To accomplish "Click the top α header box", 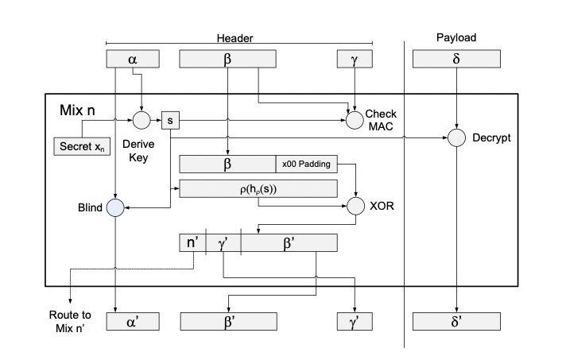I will click(132, 58).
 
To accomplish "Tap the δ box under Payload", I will click(456, 58).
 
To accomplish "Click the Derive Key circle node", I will click(141, 120).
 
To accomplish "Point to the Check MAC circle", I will click(355, 120).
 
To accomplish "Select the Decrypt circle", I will click(456, 137).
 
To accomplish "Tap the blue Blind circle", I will click(116, 209).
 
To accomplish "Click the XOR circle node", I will click(355, 209).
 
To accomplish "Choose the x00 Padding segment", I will click(305, 164).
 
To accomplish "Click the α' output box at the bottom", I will click(132, 320).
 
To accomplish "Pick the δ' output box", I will click(456, 320).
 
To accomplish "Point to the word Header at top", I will click(235, 37).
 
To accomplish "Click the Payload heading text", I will click(456, 37).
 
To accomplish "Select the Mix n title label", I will click(83, 109).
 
